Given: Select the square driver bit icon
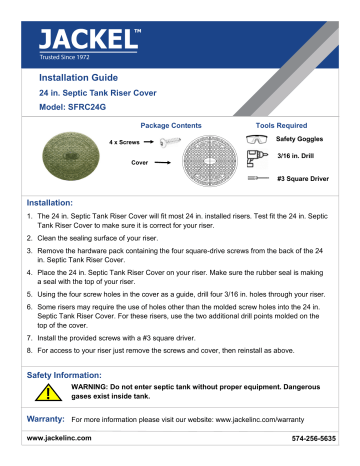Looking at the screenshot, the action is click(258, 177).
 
